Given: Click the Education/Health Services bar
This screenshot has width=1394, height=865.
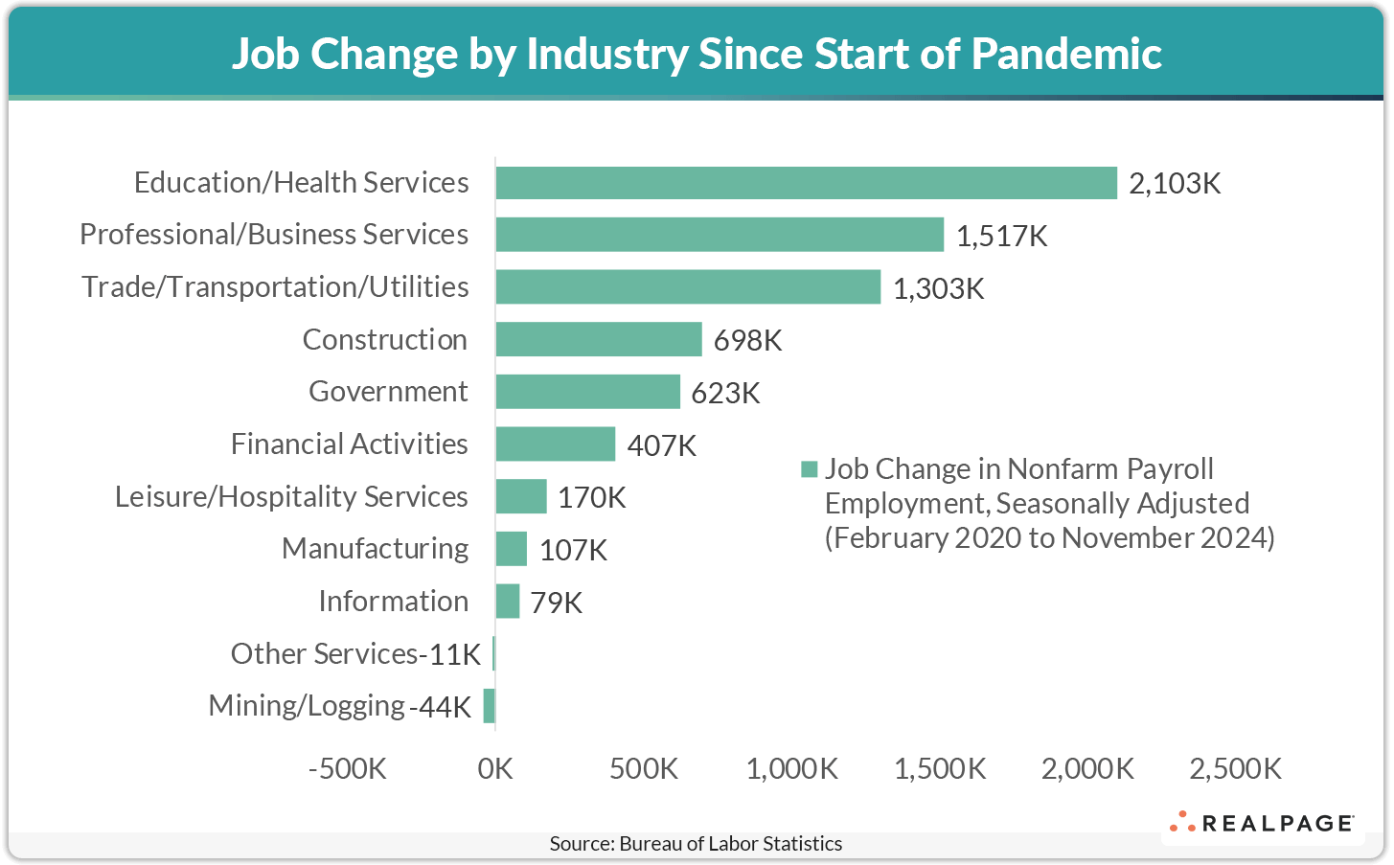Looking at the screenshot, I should [806, 183].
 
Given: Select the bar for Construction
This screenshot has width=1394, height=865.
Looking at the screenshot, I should [598, 339].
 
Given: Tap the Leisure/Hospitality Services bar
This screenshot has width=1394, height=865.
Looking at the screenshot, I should [520, 496].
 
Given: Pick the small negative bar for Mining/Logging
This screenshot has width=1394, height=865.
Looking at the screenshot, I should [490, 706].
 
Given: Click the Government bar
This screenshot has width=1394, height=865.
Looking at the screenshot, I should [587, 392].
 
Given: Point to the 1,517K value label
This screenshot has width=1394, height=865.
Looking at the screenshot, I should [1001, 236].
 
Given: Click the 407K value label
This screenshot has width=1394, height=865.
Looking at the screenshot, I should [661, 445].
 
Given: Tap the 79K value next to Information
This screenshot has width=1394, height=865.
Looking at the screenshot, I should [556, 603].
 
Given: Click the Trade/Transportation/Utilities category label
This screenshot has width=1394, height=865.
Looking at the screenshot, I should [275, 287].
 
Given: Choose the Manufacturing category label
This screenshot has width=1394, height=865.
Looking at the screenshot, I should [375, 549].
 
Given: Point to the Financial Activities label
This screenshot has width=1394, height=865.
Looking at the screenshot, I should [349, 444].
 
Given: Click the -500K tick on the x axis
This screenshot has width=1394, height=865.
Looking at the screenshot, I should [347, 768].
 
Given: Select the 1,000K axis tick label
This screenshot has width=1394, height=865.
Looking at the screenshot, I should [791, 768].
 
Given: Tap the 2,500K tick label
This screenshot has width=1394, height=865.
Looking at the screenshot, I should [1235, 768].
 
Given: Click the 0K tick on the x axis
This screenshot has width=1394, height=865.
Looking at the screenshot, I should [495, 768].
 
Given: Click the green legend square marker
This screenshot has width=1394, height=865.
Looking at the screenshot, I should [810, 469].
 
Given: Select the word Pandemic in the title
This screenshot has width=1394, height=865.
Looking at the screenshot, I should [1066, 54].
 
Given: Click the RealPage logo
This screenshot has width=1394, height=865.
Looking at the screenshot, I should [1261, 823].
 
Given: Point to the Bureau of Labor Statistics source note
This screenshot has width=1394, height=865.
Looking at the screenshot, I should [696, 844].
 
